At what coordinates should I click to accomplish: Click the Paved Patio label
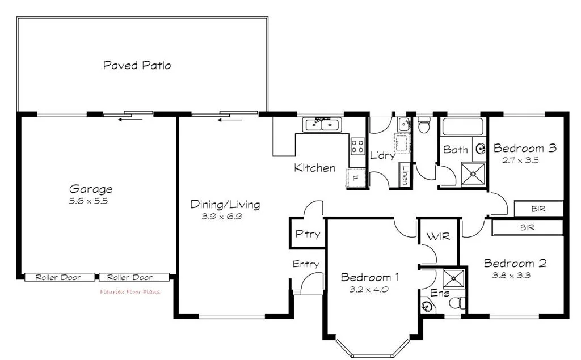(137, 65)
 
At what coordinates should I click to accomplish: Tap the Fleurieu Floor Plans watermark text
(130, 292)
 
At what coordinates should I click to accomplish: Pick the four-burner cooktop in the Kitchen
(357, 146)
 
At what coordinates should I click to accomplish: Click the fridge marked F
(356, 177)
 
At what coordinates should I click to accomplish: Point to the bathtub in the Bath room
(462, 127)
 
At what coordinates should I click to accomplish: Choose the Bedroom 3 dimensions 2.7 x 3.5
(520, 160)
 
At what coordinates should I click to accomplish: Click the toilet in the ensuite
(457, 303)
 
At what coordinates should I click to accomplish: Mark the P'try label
(307, 234)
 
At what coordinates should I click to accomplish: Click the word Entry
(305, 264)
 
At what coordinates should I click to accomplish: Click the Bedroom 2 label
(515, 263)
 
